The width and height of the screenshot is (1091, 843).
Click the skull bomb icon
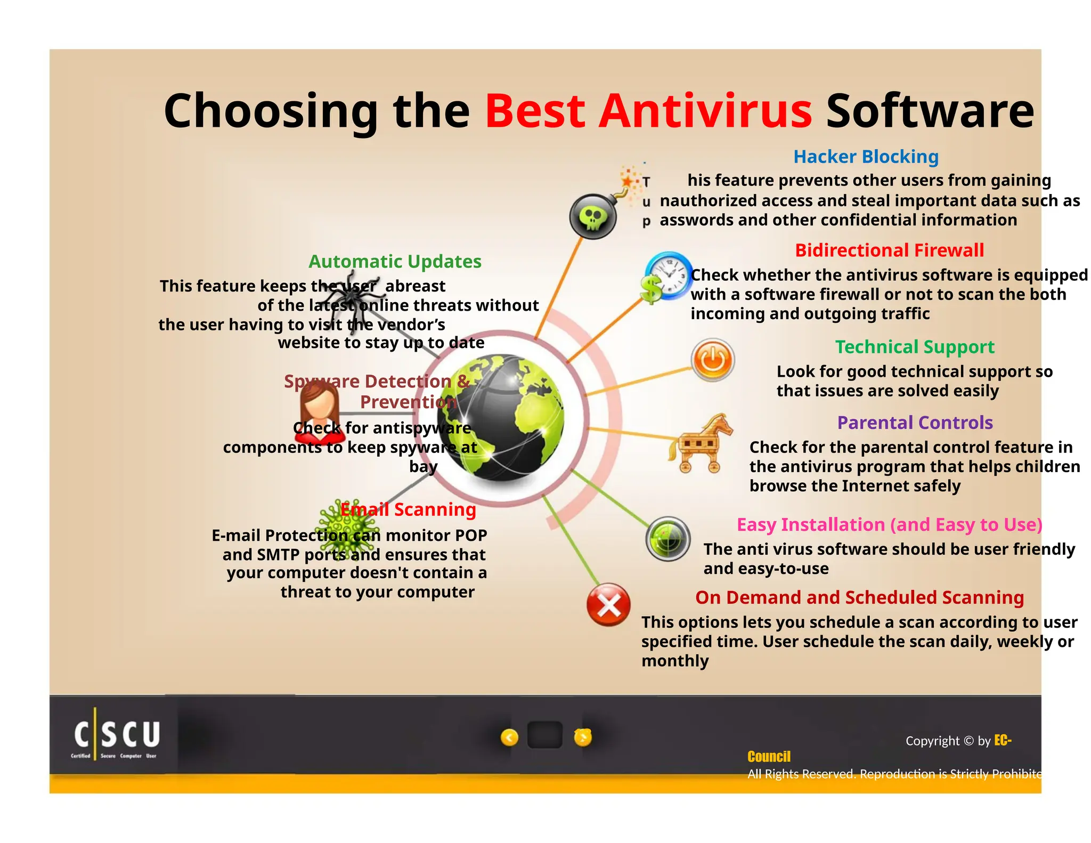point(593,216)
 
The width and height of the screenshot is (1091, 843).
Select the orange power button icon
point(713,360)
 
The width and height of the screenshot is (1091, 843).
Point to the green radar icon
point(668,539)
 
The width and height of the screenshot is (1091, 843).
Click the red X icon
point(608,605)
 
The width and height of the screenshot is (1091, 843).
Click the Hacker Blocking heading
point(866,157)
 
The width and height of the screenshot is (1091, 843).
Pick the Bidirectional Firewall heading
point(889,250)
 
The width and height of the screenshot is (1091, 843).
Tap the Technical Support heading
point(914,347)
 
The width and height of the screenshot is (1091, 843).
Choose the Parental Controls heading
point(915,423)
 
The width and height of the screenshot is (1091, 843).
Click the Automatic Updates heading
point(395,262)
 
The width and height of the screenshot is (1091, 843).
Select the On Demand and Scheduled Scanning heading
point(859,597)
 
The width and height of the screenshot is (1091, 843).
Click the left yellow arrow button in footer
point(510,737)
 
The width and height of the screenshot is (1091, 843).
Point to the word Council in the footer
point(769,757)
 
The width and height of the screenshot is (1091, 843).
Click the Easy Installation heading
point(889,525)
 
